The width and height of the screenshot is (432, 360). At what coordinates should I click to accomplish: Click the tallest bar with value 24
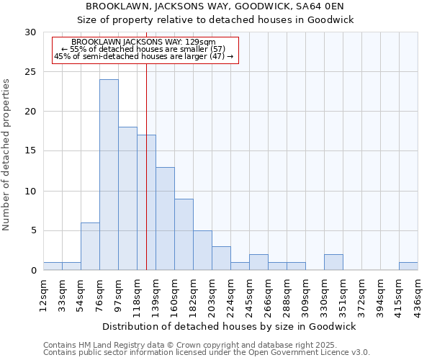[109, 174]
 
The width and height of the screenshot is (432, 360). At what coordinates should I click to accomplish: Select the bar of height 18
[127, 198]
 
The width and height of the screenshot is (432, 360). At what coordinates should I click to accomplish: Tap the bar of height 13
[165, 218]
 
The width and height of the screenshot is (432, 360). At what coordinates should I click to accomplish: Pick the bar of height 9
[184, 234]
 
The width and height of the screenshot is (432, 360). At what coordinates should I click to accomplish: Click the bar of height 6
[90, 246]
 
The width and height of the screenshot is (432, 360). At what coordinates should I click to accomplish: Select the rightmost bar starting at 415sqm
[408, 266]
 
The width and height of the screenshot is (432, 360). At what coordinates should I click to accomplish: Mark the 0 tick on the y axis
[34, 270]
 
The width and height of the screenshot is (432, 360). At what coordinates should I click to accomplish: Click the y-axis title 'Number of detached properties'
[6, 155]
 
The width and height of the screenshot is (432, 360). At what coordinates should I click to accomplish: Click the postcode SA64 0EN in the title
[323, 6]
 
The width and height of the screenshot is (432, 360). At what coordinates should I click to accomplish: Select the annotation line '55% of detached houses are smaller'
[143, 49]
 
